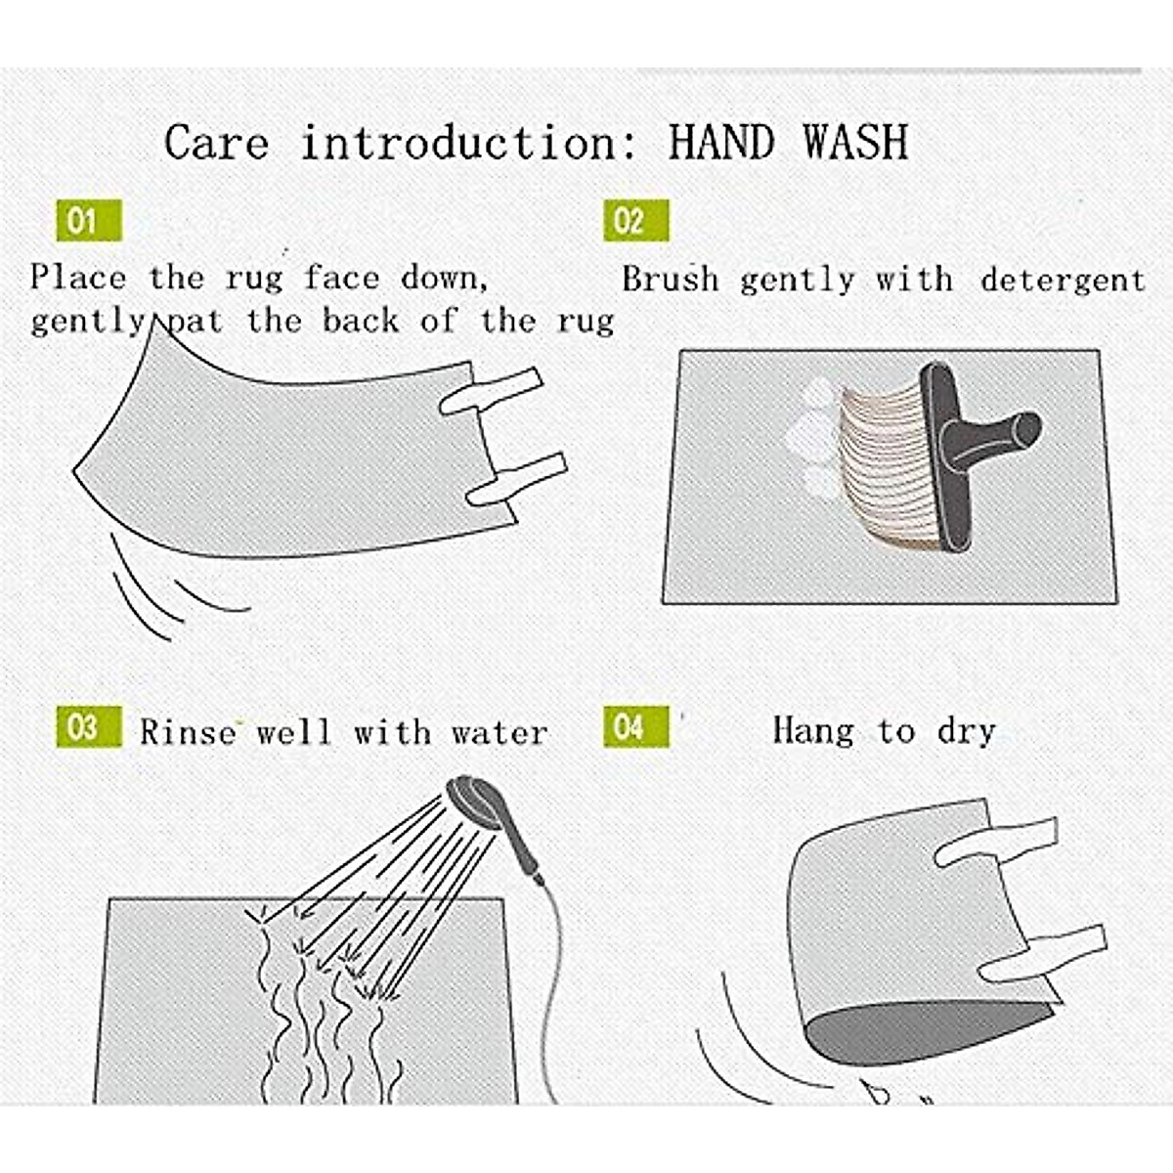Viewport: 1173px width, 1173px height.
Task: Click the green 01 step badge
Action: click(89, 220)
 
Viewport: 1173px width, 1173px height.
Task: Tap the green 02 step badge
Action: click(636, 220)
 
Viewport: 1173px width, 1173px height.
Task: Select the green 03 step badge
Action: click(89, 726)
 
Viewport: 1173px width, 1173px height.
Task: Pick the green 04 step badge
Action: click(636, 726)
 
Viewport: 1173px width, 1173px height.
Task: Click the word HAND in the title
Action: click(721, 142)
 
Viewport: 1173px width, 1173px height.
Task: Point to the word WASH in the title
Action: click(856, 142)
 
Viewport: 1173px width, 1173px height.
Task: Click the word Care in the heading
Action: click(217, 143)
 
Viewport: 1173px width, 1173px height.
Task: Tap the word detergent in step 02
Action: click(1063, 281)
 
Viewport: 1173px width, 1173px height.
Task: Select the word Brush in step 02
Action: click(671, 280)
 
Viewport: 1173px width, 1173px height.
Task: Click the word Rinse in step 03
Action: click(188, 731)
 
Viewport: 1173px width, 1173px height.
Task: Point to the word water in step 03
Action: click(500, 732)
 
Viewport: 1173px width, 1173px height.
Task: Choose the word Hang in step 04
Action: click(813, 730)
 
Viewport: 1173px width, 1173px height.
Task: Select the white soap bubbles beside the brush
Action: click(812, 437)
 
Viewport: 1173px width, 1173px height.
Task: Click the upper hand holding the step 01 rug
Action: click(491, 390)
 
